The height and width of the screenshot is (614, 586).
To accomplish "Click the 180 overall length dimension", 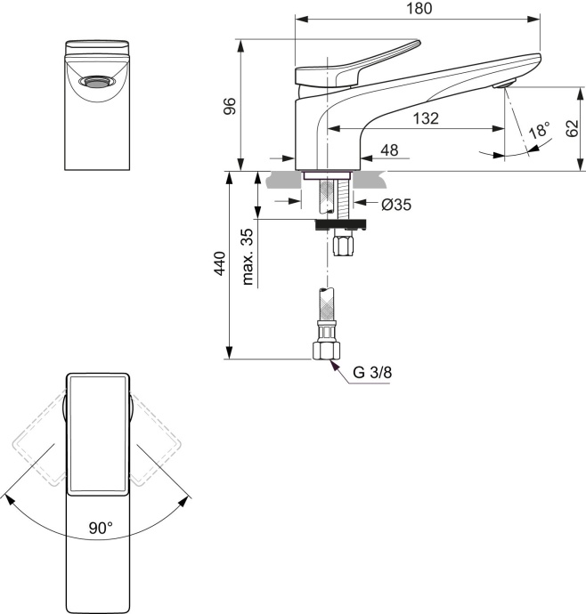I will click(419, 9).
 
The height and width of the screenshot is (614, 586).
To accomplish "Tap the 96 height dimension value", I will click(229, 104).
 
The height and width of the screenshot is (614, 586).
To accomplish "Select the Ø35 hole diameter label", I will click(395, 205).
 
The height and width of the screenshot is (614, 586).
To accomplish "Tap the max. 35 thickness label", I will click(248, 255).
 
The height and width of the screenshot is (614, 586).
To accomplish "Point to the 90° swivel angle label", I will click(100, 528).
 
